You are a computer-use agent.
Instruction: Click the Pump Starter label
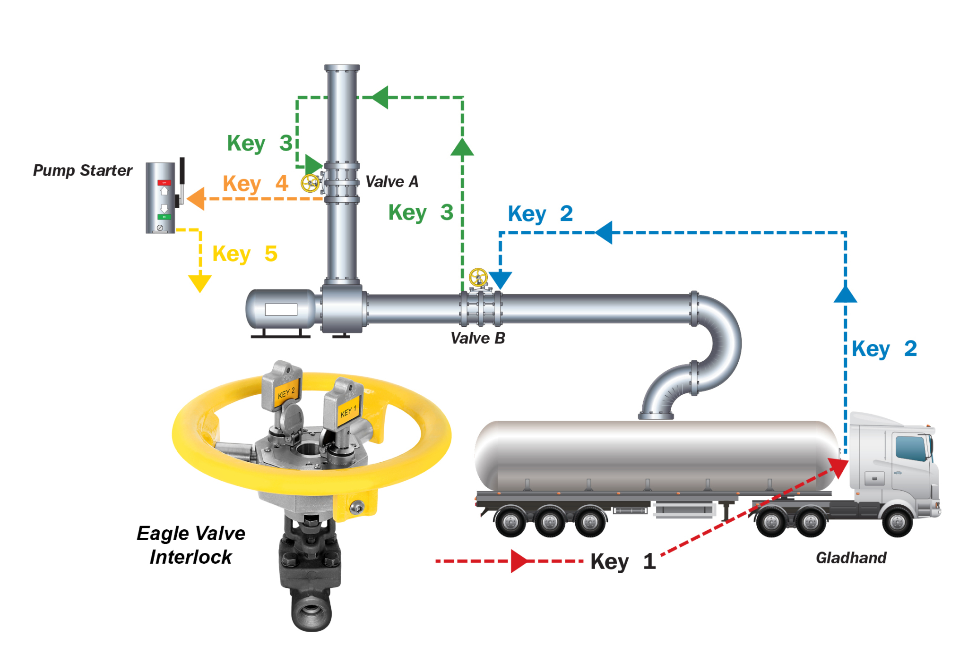(x=83, y=170)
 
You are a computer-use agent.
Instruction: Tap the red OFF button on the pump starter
(x=164, y=182)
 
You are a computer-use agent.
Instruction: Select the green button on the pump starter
(x=164, y=217)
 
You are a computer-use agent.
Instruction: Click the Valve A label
(x=392, y=182)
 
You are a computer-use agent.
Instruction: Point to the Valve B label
(x=477, y=338)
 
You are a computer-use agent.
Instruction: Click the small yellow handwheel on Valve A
(x=310, y=183)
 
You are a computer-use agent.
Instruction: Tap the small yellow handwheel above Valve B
(x=478, y=277)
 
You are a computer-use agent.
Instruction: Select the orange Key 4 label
(x=255, y=183)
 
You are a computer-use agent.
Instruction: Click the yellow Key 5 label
(x=245, y=254)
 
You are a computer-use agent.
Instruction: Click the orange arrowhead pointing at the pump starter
(x=196, y=198)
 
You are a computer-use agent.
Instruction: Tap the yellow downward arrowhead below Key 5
(x=199, y=283)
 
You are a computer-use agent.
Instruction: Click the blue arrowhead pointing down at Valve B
(x=500, y=280)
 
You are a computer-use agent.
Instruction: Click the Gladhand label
(x=851, y=558)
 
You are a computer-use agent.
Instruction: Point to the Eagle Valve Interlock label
(x=191, y=545)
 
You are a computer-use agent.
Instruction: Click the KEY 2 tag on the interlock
(x=286, y=393)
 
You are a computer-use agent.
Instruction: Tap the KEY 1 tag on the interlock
(x=348, y=411)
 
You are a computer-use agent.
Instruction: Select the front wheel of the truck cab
(x=897, y=521)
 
